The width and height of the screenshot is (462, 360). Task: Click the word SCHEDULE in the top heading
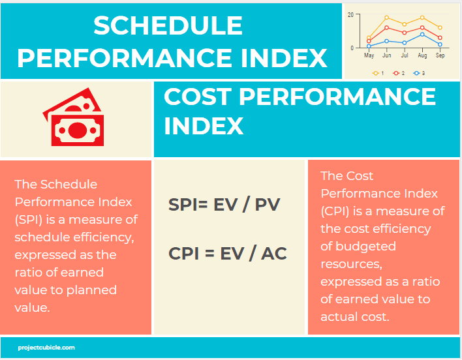pos(168,26)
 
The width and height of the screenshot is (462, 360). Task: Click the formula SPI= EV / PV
pos(224,205)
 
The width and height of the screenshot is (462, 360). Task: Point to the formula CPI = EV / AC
pos(227,253)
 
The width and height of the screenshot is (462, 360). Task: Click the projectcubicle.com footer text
pos(47,348)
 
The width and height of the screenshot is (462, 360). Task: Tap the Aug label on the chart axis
pos(422,56)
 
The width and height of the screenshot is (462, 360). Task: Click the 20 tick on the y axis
pos(350,14)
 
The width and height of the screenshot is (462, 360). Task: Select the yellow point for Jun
pos(387,18)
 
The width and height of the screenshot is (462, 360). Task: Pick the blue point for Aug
pos(422,35)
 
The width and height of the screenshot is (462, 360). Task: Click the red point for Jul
pos(405,33)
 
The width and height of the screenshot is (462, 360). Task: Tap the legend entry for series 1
pos(378,73)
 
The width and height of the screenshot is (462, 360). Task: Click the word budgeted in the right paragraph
pos(367,247)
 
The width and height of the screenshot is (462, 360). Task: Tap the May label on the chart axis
pos(369,56)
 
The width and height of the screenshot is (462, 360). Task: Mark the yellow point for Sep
pos(440,27)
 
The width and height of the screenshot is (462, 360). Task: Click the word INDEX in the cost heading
pos(204,126)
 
